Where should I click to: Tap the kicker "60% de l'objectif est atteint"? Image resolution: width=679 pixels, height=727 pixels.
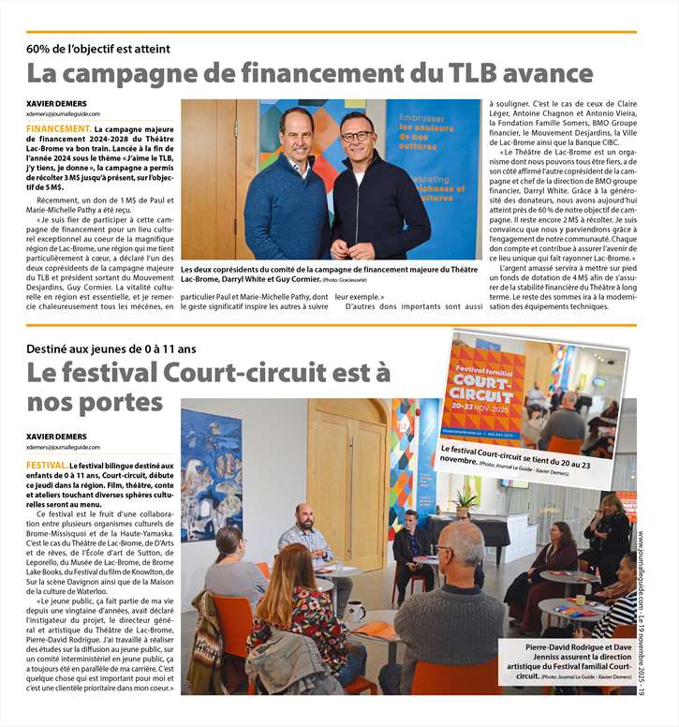(x=98, y=49)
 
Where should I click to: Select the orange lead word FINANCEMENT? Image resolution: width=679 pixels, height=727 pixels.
(x=59, y=127)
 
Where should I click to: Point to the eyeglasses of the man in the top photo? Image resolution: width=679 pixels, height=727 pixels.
(x=356, y=136)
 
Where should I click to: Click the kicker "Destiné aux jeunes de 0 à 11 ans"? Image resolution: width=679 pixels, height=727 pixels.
(x=111, y=349)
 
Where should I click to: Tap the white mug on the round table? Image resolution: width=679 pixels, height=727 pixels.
(x=355, y=612)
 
